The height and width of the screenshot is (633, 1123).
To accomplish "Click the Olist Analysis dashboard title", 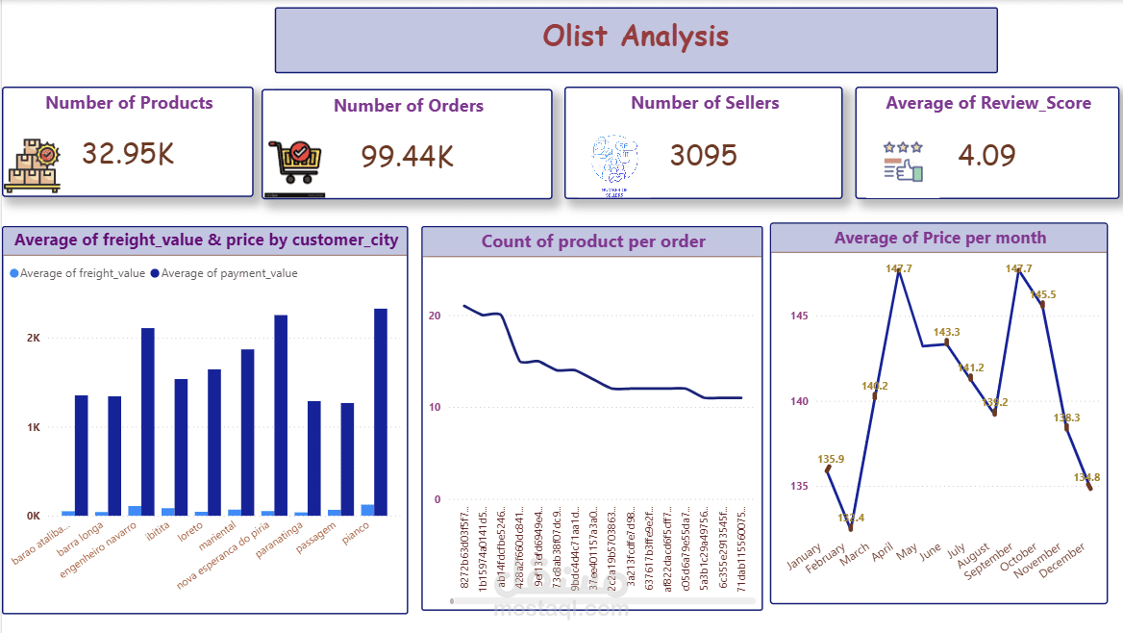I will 636,37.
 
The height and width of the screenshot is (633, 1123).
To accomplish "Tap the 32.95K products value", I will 128,154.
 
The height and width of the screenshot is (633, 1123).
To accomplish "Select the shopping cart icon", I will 295,162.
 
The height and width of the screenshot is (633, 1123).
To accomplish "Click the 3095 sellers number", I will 703,155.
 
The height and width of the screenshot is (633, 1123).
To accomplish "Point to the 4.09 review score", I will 986,155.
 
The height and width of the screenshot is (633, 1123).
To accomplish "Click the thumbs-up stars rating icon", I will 903,162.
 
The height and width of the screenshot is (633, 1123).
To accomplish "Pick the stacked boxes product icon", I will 33,165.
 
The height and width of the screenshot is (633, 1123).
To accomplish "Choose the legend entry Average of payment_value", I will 229,273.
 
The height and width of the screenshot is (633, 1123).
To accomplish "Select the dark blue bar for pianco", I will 381,412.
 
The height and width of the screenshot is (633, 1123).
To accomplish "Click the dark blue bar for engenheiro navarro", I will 148,421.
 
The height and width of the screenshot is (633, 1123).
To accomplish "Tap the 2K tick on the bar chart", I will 33,339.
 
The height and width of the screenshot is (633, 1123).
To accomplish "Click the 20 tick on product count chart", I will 435,316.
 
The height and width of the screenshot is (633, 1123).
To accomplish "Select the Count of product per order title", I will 593,241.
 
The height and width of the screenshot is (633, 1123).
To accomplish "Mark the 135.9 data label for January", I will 831,459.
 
